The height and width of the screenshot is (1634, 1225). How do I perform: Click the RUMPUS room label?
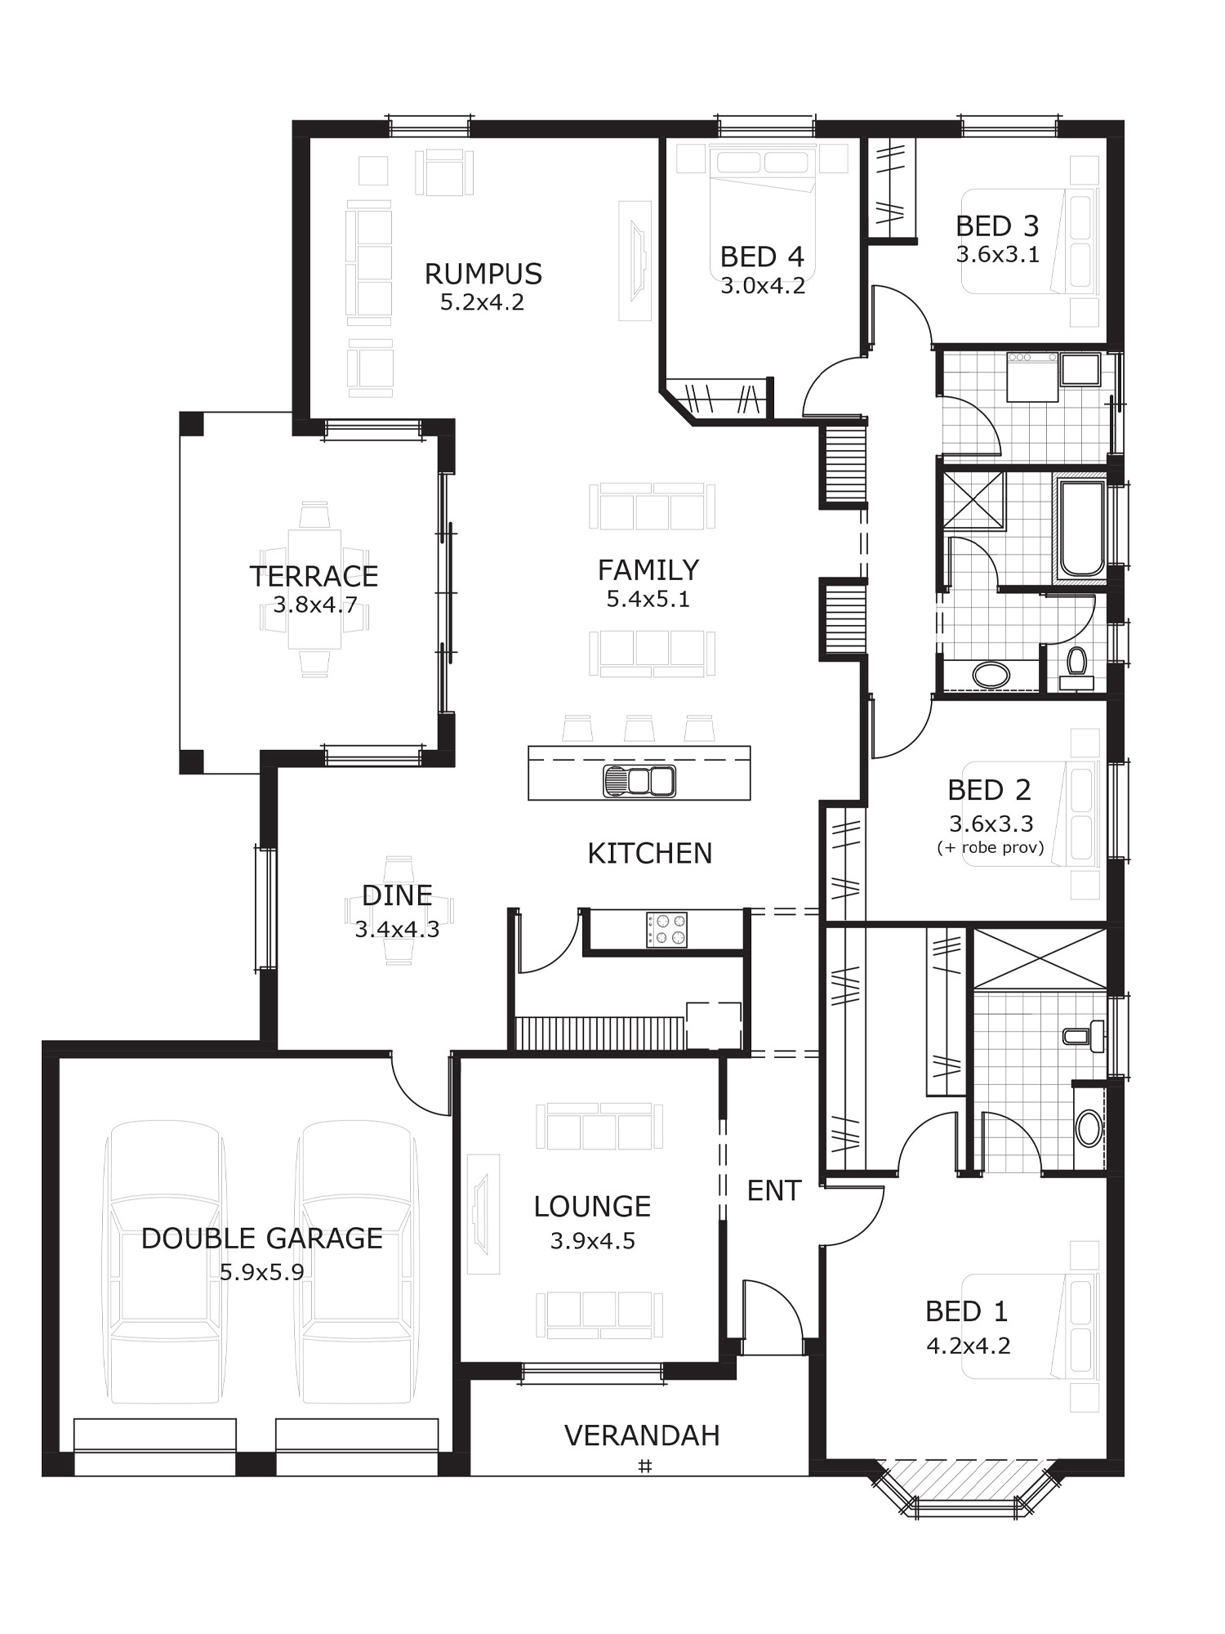(483, 274)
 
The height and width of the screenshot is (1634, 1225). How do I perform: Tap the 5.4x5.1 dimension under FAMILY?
(648, 599)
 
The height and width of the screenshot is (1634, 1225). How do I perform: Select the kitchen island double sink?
(639, 781)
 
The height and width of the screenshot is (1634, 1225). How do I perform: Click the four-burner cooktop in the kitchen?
(666, 930)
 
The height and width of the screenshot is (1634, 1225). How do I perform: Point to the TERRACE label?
(314, 577)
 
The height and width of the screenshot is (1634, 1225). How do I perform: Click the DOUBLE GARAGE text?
(262, 1239)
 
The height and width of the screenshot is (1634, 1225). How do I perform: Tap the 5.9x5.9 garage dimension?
(262, 1272)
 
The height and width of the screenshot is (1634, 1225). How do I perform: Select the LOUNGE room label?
(592, 1206)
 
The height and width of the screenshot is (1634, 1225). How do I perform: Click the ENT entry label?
(773, 1191)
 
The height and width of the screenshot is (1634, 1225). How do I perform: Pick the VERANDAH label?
(642, 1435)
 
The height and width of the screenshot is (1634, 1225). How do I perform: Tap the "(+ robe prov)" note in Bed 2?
(990, 847)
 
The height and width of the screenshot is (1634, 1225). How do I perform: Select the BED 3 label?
(997, 225)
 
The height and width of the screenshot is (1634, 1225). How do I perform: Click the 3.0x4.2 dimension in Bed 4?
(763, 286)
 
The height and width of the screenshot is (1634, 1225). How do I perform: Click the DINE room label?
(397, 895)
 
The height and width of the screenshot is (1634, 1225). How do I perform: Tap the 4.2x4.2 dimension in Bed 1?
(969, 1346)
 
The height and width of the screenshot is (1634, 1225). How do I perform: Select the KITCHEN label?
(650, 853)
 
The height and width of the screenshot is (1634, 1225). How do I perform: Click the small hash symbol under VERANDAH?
(644, 1467)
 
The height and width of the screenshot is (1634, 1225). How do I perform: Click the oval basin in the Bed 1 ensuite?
(1089, 1128)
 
